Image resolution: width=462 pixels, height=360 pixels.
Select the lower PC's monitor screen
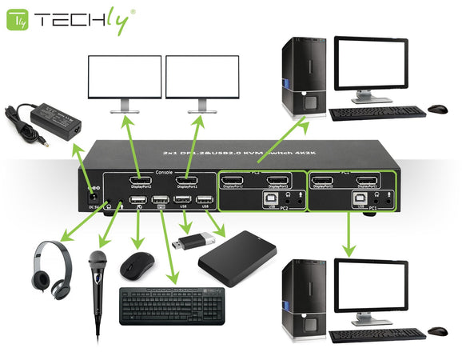point(368,284)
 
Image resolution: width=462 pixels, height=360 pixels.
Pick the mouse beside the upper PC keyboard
point(437,108)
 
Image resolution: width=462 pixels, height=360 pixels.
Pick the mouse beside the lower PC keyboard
point(437,330)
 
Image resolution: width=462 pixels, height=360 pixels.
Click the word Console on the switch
point(165,171)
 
